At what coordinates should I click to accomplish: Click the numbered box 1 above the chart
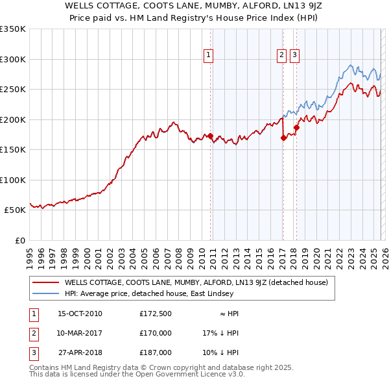209,56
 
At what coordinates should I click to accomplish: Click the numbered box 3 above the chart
294,56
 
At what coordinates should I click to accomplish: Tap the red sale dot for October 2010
210,136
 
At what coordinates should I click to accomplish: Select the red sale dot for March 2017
283,138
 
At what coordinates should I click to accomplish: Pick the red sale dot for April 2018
296,127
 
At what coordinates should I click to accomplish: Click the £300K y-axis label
12,59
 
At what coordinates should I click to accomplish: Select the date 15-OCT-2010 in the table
80,314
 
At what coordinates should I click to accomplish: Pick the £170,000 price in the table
156,333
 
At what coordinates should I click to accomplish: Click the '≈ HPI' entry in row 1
228,314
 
